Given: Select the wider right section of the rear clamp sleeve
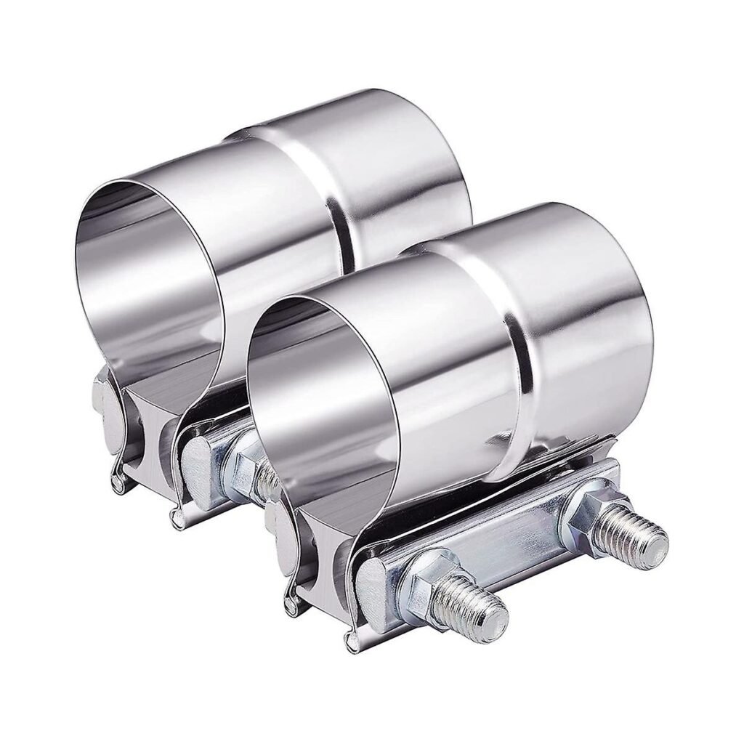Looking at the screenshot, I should pos(407,174).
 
